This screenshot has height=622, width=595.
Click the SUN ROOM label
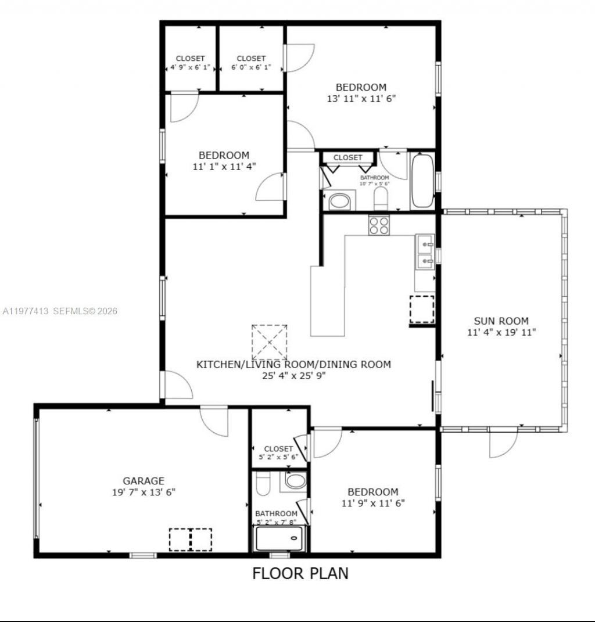coord(501,321)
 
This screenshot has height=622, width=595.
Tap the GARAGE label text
coord(143,481)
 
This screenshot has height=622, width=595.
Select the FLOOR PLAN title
coord(300,573)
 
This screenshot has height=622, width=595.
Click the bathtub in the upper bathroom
coord(422,181)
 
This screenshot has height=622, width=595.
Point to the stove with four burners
coord(379,225)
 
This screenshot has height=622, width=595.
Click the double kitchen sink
coord(425,253)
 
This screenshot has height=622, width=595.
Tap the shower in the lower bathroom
coord(280,540)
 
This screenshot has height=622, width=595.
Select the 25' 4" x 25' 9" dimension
coord(293,376)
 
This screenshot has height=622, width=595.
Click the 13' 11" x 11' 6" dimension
coord(361,99)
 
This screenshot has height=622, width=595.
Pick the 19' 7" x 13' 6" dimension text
coord(143,492)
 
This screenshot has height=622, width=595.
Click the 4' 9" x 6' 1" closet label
coord(190,67)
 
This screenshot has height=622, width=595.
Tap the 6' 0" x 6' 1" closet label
coord(251,67)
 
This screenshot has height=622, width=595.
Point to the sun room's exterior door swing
coord(502,444)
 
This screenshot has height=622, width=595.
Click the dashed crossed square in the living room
coord(269,342)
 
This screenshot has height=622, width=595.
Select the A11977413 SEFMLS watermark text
coord(60,311)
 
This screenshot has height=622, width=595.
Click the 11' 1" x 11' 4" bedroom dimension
coord(224,166)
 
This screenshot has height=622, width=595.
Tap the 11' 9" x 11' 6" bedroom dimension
coord(373,503)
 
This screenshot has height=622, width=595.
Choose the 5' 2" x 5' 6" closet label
coord(278,457)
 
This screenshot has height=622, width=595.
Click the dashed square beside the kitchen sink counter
coord(422,308)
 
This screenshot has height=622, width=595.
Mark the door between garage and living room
coord(214,420)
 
